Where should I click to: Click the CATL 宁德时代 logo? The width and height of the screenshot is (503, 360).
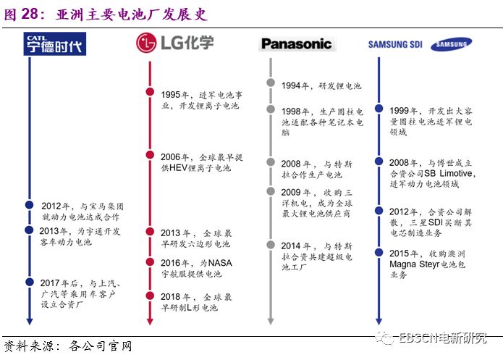55,43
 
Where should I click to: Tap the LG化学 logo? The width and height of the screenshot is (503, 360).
174,42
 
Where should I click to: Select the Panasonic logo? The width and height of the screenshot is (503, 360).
296,44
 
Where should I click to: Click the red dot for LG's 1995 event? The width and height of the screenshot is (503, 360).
149,93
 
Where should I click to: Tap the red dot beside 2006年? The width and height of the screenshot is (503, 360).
149,155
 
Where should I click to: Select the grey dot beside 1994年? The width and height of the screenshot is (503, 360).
269,84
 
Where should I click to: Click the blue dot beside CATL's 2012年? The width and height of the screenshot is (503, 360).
29,205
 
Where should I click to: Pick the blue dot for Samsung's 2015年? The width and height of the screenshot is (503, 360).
379,253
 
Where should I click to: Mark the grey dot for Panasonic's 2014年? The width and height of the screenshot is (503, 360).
269,246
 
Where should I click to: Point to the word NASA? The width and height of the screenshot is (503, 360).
221,262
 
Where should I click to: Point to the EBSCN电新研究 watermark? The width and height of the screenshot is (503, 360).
441,338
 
